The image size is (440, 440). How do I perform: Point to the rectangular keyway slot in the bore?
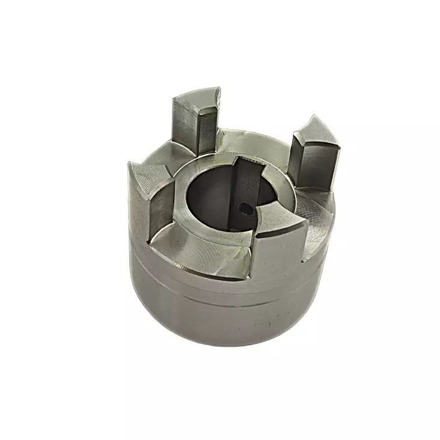point(243,189)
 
